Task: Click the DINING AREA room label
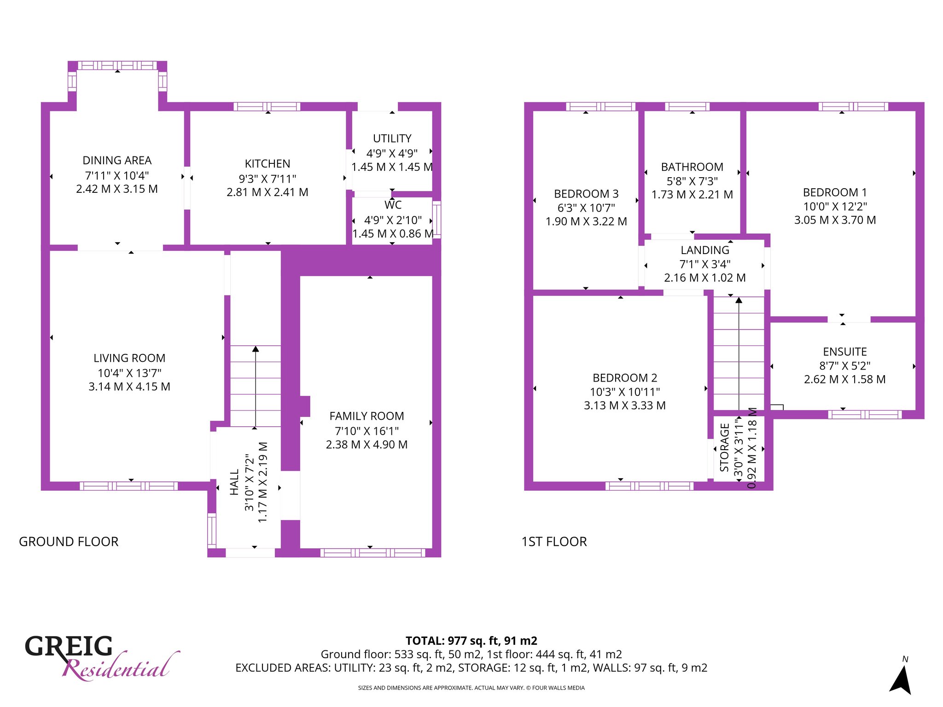tap(117, 160)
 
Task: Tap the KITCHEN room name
tap(268, 163)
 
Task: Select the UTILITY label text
tap(392, 139)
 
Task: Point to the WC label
tap(393, 205)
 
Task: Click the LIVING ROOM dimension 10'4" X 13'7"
tap(129, 373)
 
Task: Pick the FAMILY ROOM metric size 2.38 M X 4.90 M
tap(367, 445)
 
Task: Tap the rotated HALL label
tap(234, 482)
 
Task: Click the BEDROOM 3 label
tap(586, 194)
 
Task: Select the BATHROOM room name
tap(692, 167)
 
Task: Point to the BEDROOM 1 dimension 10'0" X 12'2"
tap(835, 206)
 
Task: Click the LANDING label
tap(705, 250)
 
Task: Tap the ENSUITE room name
tap(845, 352)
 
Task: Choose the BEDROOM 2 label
tap(625, 378)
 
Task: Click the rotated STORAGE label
tap(724, 448)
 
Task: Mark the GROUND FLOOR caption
tap(69, 542)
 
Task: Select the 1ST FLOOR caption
tap(554, 542)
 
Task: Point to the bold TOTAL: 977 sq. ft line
tap(471, 641)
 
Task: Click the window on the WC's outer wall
tap(437, 219)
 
